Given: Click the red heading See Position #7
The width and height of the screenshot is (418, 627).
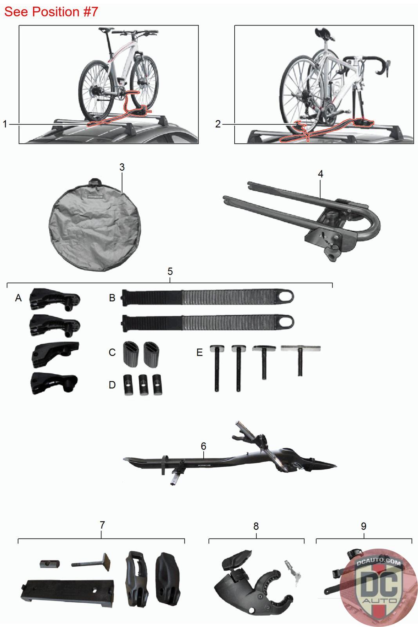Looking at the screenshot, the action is tap(51, 12).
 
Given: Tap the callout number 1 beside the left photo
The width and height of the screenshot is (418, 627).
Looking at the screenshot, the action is tap(5, 124).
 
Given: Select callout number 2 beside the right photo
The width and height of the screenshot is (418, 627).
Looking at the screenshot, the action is tap(218, 124).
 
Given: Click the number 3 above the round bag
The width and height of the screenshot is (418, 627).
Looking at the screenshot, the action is tap(122, 167).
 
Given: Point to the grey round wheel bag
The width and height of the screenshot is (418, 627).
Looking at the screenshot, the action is tap(94, 225).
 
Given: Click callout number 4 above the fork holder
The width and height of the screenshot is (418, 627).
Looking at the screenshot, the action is tap(320, 174).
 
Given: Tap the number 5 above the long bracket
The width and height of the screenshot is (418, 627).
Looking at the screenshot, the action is tap(170, 271).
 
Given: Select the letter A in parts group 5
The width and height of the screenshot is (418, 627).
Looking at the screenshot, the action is tap(18, 298).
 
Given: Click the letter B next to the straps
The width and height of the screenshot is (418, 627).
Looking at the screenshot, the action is tap(112, 298).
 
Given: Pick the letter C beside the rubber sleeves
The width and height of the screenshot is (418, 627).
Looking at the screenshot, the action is tap(112, 352).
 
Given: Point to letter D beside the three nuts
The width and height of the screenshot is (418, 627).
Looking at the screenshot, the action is tap(112, 385).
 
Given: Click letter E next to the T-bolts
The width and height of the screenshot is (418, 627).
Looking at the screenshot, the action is tap(199, 352).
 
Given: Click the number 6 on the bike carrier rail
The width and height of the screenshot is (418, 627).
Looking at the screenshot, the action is tap(203, 446).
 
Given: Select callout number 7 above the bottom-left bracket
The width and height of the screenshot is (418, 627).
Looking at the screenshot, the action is tap(102, 525).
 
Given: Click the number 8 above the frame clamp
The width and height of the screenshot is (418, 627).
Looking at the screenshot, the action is tap(256, 526).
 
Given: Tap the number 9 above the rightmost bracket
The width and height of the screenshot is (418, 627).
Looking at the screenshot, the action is tap(364, 526).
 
